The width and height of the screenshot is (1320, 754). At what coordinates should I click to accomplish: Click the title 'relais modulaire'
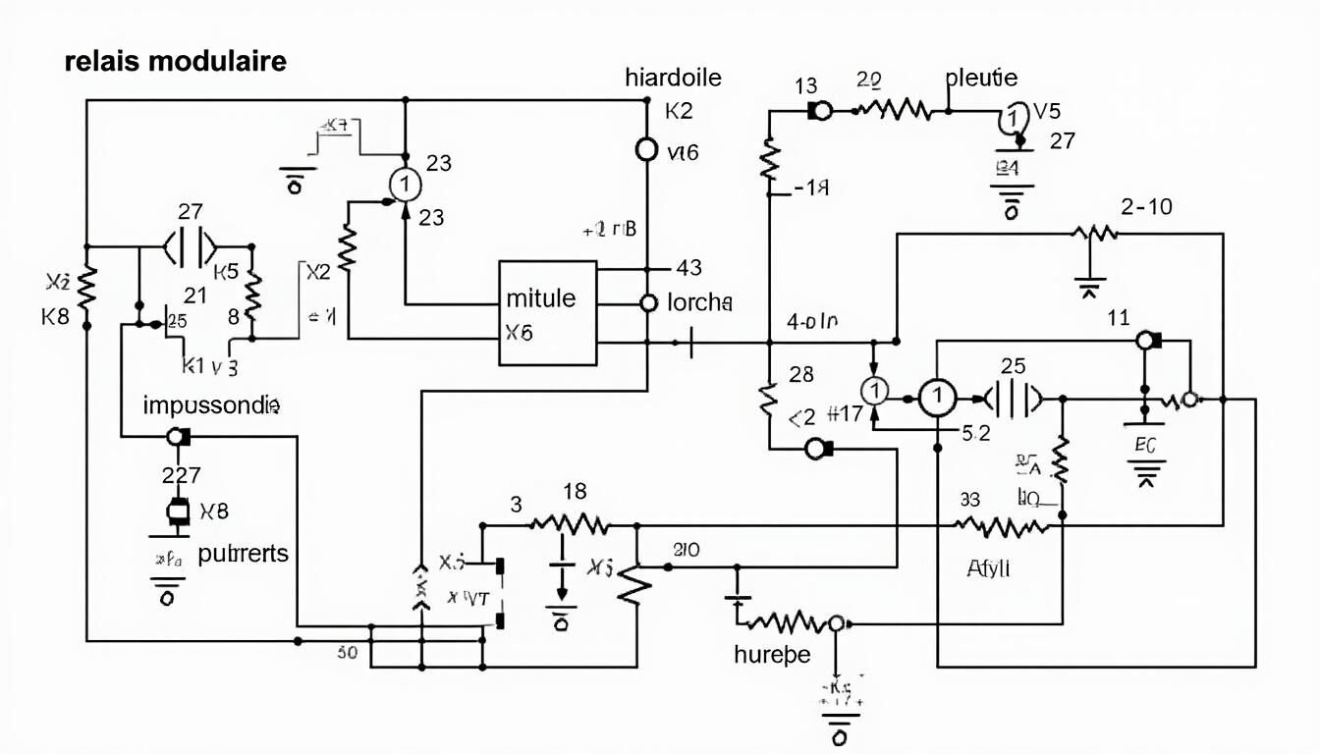(x=176, y=61)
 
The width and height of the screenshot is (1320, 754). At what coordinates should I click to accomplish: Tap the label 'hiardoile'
(x=673, y=78)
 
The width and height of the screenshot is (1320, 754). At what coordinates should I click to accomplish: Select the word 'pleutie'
(x=981, y=78)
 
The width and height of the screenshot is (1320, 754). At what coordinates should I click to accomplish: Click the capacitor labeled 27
(x=192, y=246)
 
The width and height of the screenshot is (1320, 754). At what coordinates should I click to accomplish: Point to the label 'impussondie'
(x=212, y=404)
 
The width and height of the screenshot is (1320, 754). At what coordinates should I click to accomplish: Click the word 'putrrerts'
(x=243, y=553)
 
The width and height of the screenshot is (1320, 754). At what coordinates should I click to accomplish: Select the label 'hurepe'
(x=772, y=654)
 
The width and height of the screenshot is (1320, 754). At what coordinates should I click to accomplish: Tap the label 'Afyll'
(x=988, y=566)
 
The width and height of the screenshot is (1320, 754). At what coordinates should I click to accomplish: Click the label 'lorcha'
(x=699, y=302)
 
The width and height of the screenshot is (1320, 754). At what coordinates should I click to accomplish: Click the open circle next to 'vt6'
(x=646, y=149)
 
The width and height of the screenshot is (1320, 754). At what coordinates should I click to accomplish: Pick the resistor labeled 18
(x=569, y=522)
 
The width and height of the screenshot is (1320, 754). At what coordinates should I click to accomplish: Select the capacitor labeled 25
(x=1012, y=398)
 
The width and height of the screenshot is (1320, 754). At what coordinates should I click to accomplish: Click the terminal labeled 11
(x=1146, y=341)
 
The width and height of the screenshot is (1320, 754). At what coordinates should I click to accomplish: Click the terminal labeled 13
(x=819, y=111)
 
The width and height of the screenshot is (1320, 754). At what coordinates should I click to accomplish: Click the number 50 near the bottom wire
(x=347, y=651)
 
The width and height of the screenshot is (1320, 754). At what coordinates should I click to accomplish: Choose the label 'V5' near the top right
(x=1047, y=111)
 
